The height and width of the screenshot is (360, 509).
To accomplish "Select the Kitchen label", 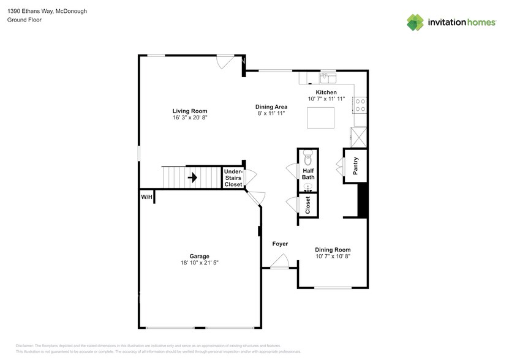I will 326,92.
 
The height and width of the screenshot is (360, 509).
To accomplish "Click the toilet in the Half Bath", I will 308,154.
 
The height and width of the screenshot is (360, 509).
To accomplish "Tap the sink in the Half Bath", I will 308,187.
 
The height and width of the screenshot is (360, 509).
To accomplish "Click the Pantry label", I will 355,166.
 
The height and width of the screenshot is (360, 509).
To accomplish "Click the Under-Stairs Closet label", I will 233,178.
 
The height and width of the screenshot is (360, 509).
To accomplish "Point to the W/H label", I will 146,197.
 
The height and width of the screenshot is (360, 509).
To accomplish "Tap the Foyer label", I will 280,244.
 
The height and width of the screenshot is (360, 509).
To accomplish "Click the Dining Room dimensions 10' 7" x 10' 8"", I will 333,257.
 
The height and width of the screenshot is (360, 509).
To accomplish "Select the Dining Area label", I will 271,107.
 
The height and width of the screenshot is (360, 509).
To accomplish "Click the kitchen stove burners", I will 360,105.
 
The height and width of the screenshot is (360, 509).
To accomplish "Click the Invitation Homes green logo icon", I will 416,22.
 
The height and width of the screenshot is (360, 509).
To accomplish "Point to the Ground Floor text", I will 24,20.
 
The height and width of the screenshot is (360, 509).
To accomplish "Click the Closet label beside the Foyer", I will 308,205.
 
